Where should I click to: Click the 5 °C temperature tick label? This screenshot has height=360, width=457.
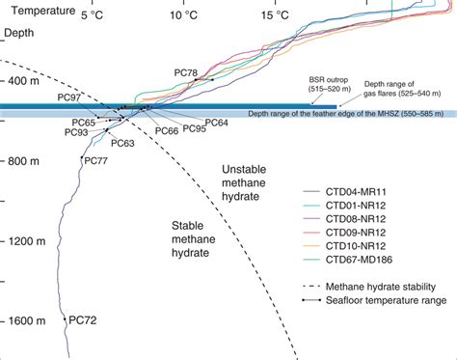[92, 16]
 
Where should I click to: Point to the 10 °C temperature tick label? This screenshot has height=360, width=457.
[180, 16]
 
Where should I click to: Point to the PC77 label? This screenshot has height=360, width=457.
[95, 160]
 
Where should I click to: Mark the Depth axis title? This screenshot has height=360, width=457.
[21, 33]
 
